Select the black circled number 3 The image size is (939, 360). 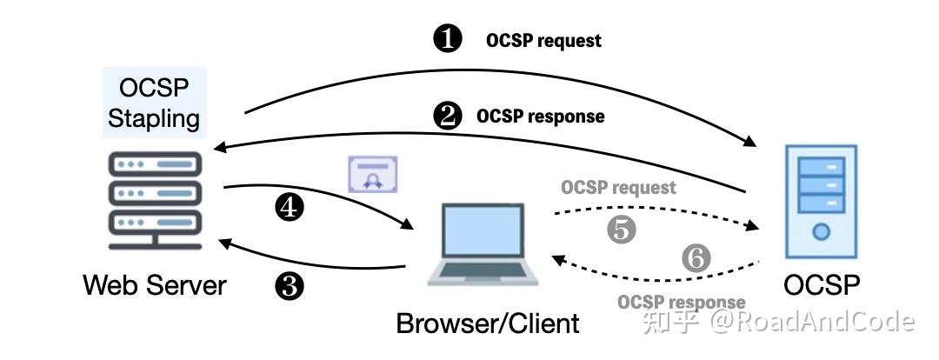(289, 286)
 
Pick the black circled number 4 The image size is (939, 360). (289, 207)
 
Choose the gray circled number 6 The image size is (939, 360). (696, 257)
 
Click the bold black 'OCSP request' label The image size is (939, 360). (543, 41)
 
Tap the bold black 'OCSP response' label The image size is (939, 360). (540, 117)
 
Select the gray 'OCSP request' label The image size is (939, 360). (618, 187)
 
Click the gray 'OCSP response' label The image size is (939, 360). (682, 303)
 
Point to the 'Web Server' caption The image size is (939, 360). (155, 285)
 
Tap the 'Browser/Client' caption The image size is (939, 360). (488, 323)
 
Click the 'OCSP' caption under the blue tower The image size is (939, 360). (822, 285)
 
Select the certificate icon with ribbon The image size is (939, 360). (372, 175)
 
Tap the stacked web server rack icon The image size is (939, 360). (155, 198)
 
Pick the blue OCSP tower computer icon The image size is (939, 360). (821, 202)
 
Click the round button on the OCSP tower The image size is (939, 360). (821, 232)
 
